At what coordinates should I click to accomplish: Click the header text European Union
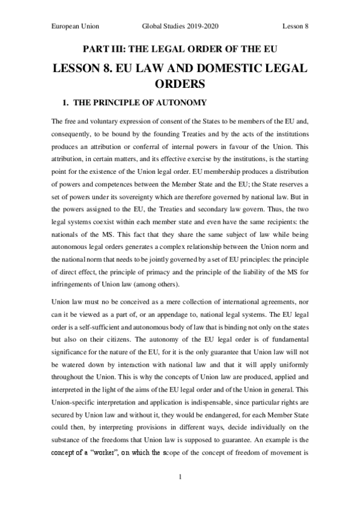[x=76, y=27]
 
